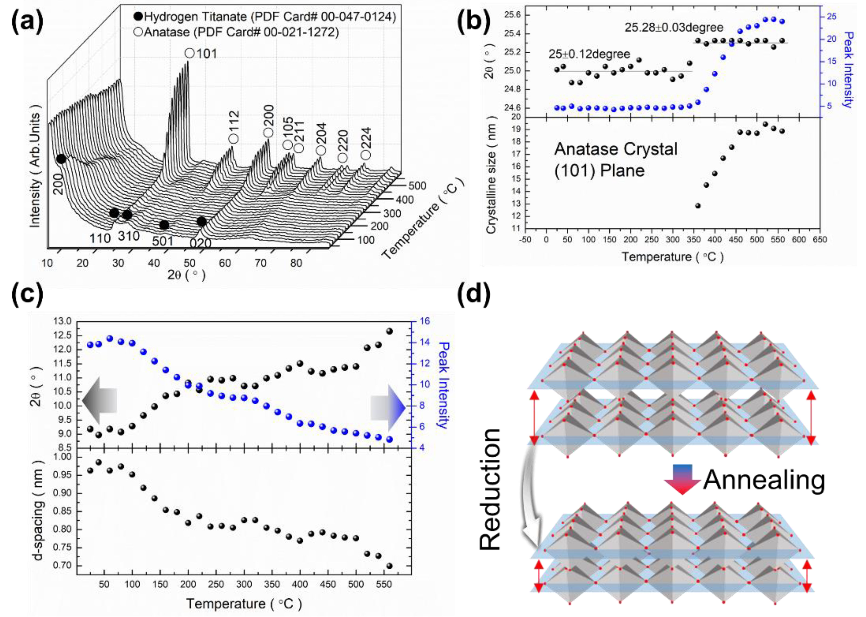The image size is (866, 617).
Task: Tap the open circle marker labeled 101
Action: pos(190,53)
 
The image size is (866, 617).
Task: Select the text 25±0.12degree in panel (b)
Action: pos(589,54)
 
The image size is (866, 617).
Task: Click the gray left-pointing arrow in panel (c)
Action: pos(99,401)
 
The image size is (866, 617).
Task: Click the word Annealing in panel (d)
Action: pos(764,480)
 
